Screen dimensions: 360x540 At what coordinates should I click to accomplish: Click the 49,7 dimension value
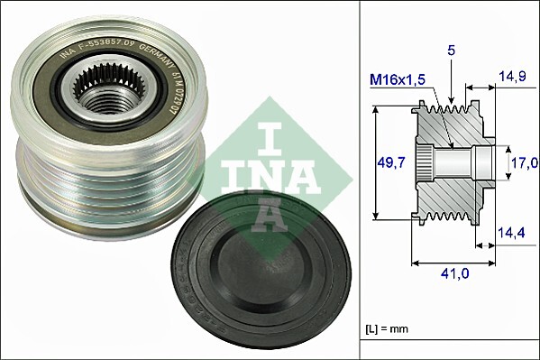coord(389,162)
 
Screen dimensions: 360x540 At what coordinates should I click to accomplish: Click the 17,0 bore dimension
coord(525,162)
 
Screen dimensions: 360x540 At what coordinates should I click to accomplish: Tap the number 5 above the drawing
coord(451,51)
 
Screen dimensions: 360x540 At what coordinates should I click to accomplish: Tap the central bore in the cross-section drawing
coord(460,162)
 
